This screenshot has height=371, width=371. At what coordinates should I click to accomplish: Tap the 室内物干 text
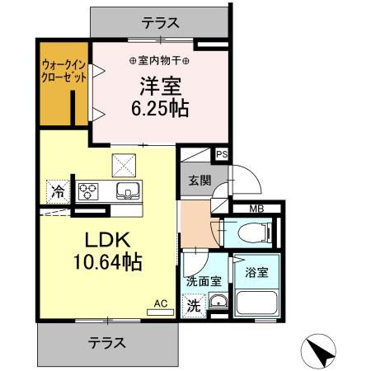coord(159,60)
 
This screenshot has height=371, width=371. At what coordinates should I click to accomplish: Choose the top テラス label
coord(160,24)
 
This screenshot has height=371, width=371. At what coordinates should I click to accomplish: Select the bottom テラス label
coord(107,340)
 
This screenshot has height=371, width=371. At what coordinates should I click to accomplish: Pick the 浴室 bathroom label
coord(256,269)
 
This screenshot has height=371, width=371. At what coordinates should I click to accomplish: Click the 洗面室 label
coord(203,281)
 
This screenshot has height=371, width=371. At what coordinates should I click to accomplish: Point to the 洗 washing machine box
coord(192,303)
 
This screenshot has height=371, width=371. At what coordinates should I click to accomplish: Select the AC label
coord(160,303)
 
